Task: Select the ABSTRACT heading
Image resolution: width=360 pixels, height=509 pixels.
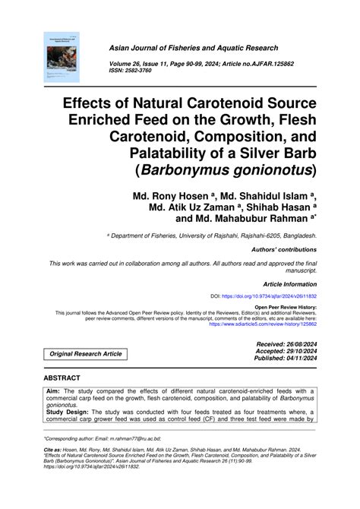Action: click(67, 376)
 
